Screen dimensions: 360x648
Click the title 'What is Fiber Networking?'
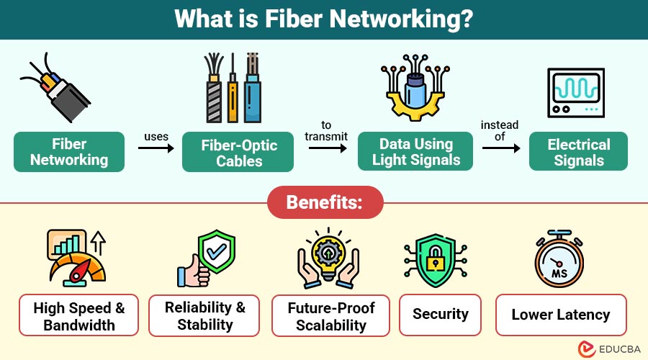click(323, 19)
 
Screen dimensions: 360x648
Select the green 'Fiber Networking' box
click(69, 152)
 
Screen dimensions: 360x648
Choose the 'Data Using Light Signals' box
click(416, 152)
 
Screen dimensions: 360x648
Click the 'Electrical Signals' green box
click(579, 152)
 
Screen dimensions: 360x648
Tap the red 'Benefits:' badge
click(325, 202)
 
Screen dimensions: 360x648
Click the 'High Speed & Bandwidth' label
click(79, 315)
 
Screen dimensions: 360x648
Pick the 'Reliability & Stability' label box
click(204, 315)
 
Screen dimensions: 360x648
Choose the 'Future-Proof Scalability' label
click(330, 315)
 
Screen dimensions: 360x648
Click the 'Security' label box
click(440, 314)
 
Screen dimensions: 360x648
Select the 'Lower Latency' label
click(560, 315)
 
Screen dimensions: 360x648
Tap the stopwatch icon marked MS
click(559, 260)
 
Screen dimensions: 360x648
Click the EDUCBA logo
click(605, 348)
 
